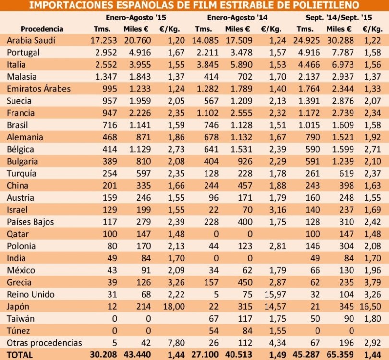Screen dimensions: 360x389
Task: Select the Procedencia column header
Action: tap(42, 29)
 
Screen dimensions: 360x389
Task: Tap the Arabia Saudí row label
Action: tap(31, 40)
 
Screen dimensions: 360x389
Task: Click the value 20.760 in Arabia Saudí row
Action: tap(141, 40)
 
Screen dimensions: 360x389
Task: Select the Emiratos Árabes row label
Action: tap(38, 89)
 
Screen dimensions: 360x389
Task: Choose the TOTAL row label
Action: tap(20, 355)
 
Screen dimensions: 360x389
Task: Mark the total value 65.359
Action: tap(341, 355)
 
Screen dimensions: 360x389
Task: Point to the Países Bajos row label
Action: tap(30, 222)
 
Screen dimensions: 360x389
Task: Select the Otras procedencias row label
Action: tap(44, 343)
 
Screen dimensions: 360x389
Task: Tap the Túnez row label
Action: tap(19, 331)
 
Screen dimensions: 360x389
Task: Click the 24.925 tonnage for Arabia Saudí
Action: tap(306, 40)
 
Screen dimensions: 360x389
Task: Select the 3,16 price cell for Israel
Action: tap(273, 210)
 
